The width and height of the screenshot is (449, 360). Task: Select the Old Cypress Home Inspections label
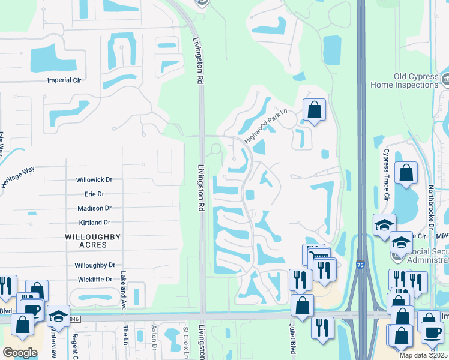click(x=408, y=80)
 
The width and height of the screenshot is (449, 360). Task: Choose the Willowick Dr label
click(x=94, y=179)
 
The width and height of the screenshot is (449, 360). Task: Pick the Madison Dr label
click(x=95, y=208)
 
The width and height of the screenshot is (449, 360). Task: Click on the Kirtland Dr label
click(x=95, y=223)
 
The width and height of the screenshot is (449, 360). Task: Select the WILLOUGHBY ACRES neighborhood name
click(x=94, y=241)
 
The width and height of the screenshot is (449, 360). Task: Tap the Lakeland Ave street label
click(x=123, y=290)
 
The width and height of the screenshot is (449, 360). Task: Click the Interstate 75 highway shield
click(x=360, y=263)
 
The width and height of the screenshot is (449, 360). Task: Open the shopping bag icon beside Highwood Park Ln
click(x=314, y=110)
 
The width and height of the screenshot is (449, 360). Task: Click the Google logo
click(x=20, y=352)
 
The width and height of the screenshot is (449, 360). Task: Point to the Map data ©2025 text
click(x=423, y=355)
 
